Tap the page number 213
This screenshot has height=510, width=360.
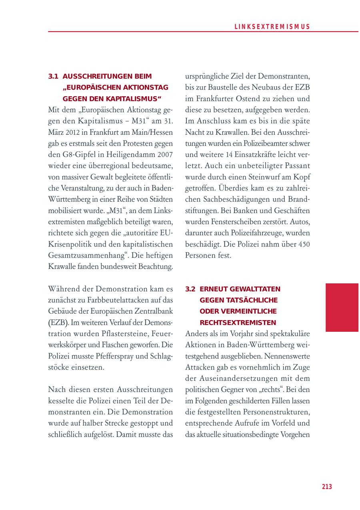327,486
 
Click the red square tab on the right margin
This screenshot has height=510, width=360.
342,307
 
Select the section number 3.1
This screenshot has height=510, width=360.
54,76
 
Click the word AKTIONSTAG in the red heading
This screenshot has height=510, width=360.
146,87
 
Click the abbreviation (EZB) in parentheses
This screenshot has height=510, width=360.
58,322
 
